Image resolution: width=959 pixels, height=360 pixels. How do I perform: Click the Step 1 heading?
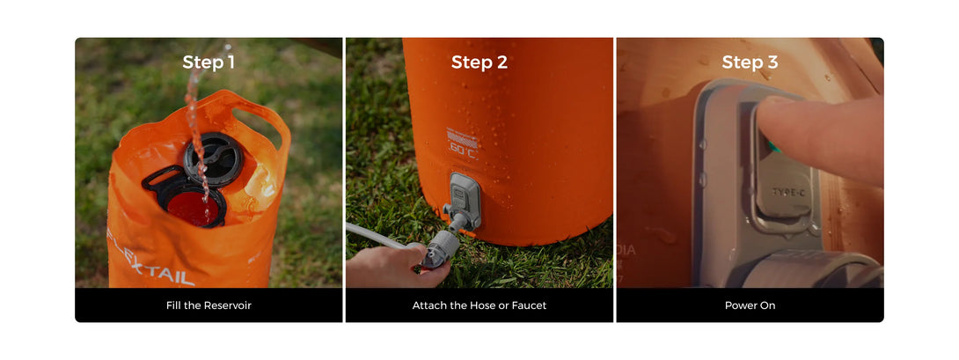click(209, 62)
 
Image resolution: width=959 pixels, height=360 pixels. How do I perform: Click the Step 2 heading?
click(479, 62)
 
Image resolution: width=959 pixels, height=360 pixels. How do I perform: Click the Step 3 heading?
click(750, 62)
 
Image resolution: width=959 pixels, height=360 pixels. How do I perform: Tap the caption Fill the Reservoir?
click(209, 305)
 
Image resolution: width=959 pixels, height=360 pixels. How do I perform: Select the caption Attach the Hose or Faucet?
click(479, 305)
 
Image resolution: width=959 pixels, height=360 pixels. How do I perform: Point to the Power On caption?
click(750, 305)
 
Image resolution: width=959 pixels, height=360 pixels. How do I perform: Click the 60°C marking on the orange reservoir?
click(463, 149)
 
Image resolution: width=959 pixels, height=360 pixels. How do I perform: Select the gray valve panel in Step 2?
click(465, 198)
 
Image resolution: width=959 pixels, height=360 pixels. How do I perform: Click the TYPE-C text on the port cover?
click(788, 192)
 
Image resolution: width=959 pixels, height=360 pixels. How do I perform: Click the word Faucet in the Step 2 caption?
click(531, 305)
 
